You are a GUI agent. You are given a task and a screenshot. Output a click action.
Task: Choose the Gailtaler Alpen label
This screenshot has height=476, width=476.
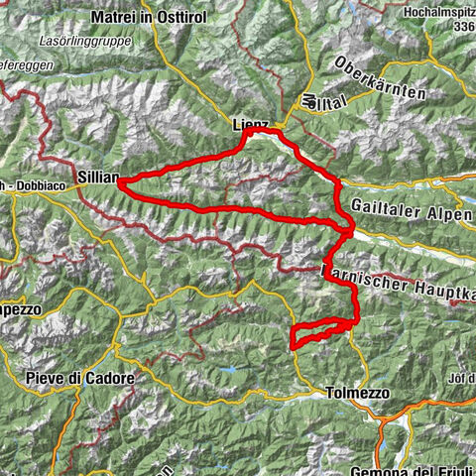411,208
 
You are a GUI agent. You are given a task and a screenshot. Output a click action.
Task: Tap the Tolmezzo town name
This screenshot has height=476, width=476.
357,394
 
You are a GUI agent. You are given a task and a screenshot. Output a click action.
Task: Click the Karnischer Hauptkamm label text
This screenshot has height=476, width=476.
397,277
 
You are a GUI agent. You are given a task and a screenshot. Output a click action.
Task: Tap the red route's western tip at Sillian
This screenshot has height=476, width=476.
119,182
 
